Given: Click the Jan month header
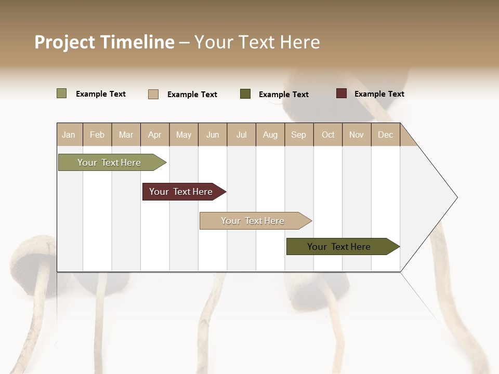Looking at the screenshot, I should click(69, 135).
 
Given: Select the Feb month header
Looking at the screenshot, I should click(97, 135).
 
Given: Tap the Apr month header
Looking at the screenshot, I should click(155, 135).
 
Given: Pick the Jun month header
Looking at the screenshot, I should click(213, 135).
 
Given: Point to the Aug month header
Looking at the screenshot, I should click(270, 135).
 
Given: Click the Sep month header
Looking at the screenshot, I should click(299, 135).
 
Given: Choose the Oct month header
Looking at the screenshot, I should click(328, 135).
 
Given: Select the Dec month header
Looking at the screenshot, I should click(386, 135).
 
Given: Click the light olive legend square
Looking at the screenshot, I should click(61, 94).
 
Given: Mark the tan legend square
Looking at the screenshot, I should click(153, 94).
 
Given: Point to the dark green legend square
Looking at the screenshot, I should click(245, 94).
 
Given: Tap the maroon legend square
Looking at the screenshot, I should click(341, 94).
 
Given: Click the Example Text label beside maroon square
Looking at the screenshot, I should click(379, 94).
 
